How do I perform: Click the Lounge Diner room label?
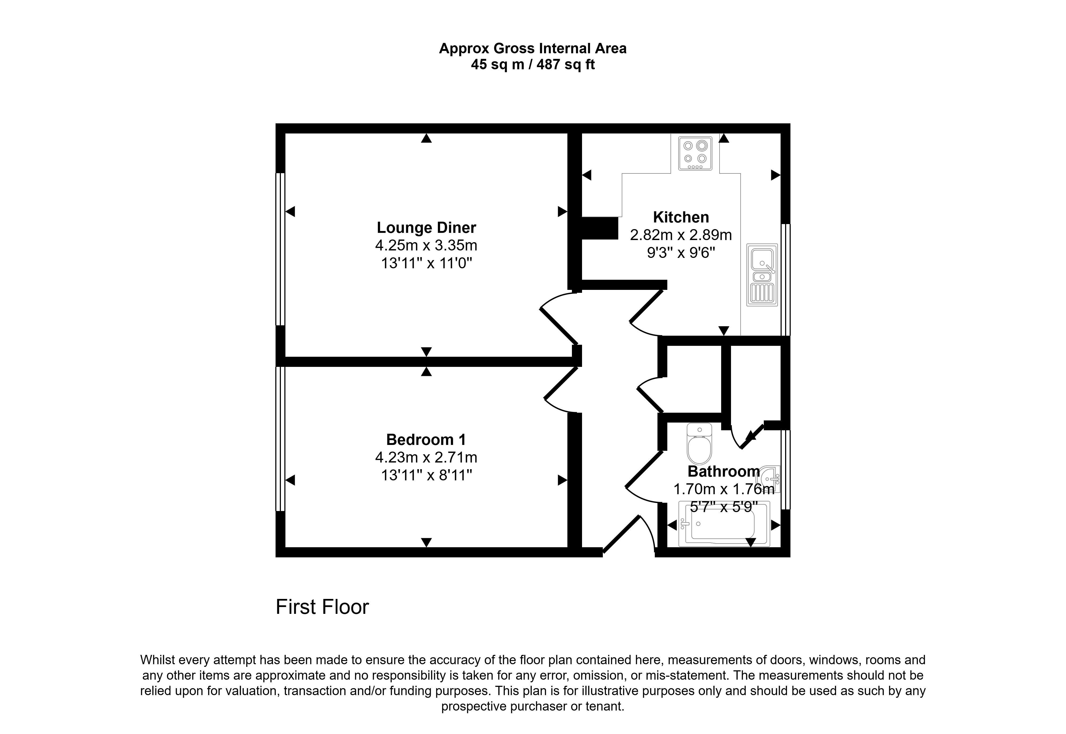426,228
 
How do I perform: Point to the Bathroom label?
723,471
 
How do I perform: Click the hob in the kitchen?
695,153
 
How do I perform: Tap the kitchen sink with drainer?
762,275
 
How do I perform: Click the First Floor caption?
322,607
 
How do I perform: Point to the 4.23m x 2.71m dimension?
426,458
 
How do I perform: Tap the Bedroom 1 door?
561,389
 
